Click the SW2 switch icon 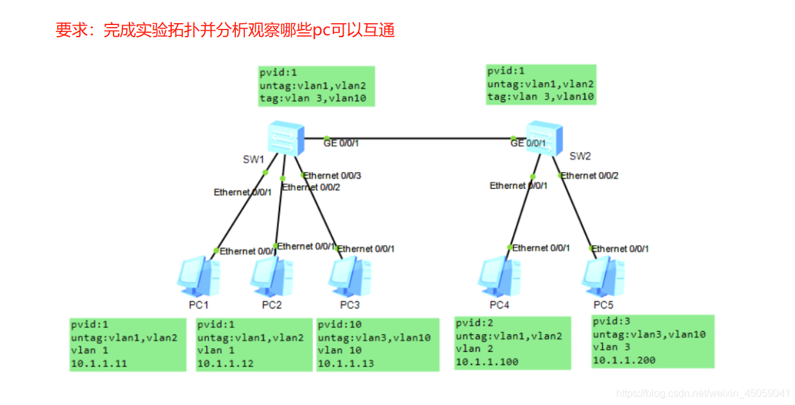(544, 138)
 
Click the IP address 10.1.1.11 (99, 364)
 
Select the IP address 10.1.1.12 (225, 364)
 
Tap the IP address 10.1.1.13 (346, 363)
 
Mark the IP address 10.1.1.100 (487, 362)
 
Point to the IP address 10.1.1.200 (623, 360)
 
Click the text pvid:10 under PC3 (339, 325)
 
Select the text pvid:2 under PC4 (475, 323)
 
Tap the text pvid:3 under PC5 (612, 322)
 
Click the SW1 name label (254, 159)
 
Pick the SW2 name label (580, 155)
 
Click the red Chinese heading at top (224, 30)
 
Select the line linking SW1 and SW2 (417, 138)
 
